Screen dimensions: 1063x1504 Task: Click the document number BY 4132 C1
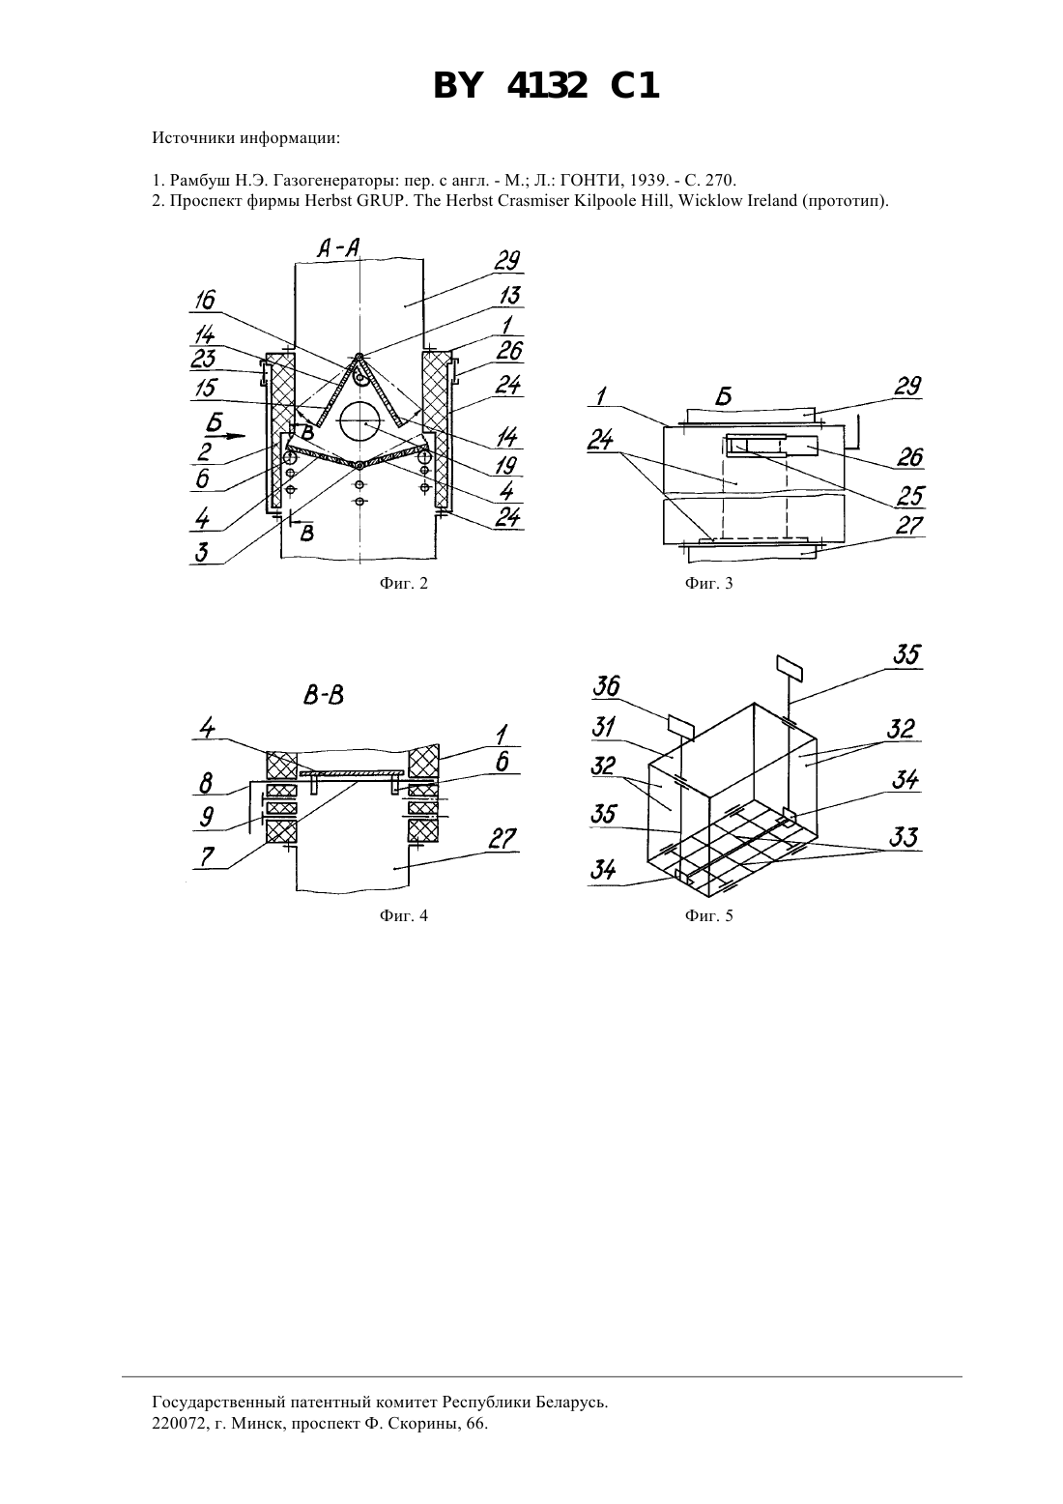pos(546,87)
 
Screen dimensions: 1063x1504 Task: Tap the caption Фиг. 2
pos(403,583)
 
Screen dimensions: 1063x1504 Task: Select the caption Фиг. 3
pos(708,583)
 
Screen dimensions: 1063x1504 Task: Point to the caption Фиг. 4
pos(403,915)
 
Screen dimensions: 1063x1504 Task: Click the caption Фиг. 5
pos(708,915)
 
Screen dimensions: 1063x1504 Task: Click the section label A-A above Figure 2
pos(338,249)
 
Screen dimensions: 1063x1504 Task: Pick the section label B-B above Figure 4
pos(324,696)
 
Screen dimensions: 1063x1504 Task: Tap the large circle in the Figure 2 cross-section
pos(360,423)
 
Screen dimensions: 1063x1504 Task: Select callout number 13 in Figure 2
pos(509,296)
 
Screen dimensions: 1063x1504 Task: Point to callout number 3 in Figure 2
pos(201,553)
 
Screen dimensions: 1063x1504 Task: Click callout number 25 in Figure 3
pos(910,496)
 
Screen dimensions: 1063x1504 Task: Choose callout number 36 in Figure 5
pos(606,686)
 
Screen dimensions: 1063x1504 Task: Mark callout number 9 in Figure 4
pos(207,817)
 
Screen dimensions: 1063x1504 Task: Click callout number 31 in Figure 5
pos(604,727)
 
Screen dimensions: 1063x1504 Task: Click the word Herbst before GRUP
pos(326,201)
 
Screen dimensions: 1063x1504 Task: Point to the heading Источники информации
pos(246,138)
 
